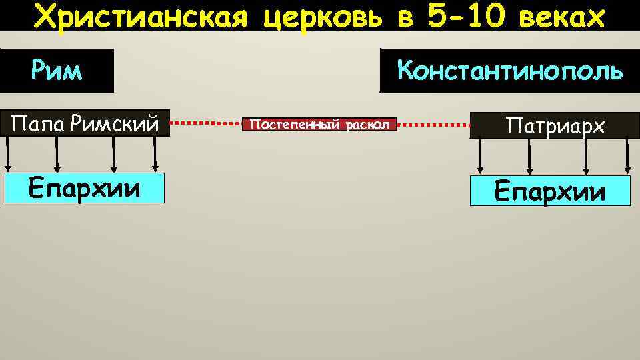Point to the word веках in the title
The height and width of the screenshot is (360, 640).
point(564,16)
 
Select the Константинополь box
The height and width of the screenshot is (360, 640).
point(509,70)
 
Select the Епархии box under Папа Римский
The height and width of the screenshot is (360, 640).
point(84,189)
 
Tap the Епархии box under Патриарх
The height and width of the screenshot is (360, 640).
point(550,191)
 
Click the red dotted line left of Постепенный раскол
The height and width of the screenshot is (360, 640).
point(207,123)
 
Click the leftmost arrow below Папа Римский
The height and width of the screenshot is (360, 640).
point(8,155)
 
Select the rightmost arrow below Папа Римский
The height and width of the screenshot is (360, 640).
point(155,155)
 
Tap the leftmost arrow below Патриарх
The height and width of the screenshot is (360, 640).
point(479,157)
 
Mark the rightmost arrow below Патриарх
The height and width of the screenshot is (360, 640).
point(627,157)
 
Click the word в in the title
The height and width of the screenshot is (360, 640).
point(404,16)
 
